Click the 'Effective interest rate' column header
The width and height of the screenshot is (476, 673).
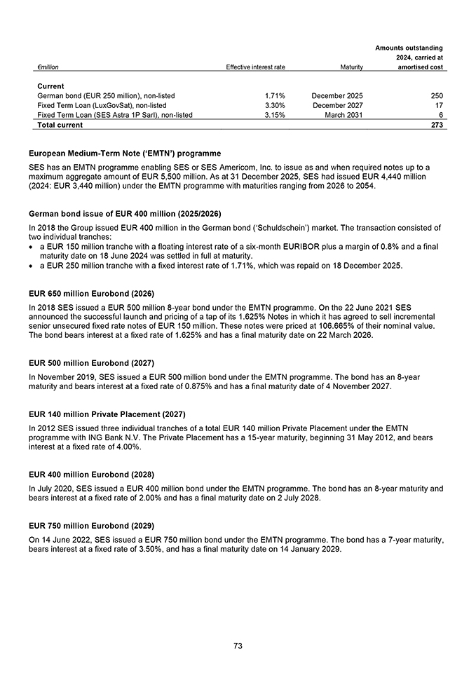[255, 67]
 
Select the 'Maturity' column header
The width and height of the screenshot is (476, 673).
[351, 67]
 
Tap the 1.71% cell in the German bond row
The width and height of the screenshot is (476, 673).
[275, 95]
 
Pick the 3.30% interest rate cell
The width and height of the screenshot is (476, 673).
[275, 105]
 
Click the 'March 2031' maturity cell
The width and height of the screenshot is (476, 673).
[344, 115]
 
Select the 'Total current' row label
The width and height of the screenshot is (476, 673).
[60, 125]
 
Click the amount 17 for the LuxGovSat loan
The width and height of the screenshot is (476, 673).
[439, 105]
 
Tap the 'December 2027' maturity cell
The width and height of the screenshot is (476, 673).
[338, 105]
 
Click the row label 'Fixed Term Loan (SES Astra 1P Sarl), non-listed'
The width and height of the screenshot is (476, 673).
[114, 115]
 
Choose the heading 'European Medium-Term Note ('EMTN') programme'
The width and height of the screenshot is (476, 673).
[125, 153]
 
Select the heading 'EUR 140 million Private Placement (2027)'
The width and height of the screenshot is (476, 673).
[107, 414]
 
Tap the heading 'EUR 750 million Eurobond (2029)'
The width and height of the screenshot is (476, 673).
[91, 525]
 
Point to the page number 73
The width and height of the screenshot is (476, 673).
[238, 646]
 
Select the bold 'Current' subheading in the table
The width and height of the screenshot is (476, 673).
[50, 86]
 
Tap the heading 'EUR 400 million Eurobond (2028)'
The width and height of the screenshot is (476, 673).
[91, 474]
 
